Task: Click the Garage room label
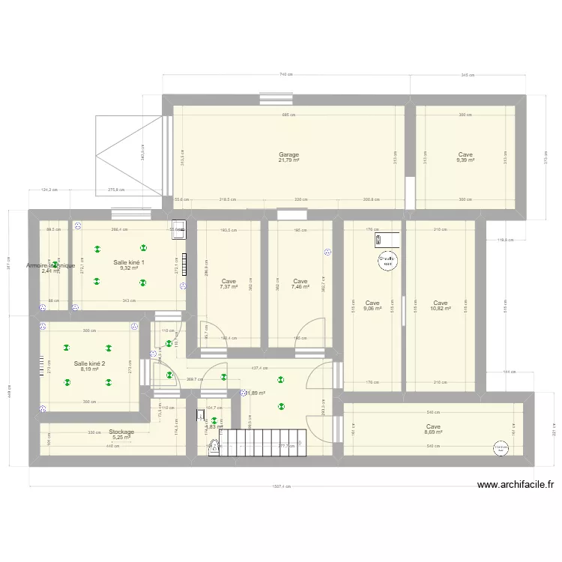coord(288,155)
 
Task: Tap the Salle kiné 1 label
coord(129,262)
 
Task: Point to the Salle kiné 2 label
coord(89,363)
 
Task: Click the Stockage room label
coord(121,432)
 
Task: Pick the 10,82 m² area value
coord(441,308)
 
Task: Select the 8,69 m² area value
coord(433,432)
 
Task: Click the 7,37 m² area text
coord(229,287)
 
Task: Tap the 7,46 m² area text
coord(300,287)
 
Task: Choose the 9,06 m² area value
coord(372,308)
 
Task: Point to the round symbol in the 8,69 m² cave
coord(501,447)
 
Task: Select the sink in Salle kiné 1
coord(178,232)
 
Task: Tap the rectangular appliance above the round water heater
coord(378,240)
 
